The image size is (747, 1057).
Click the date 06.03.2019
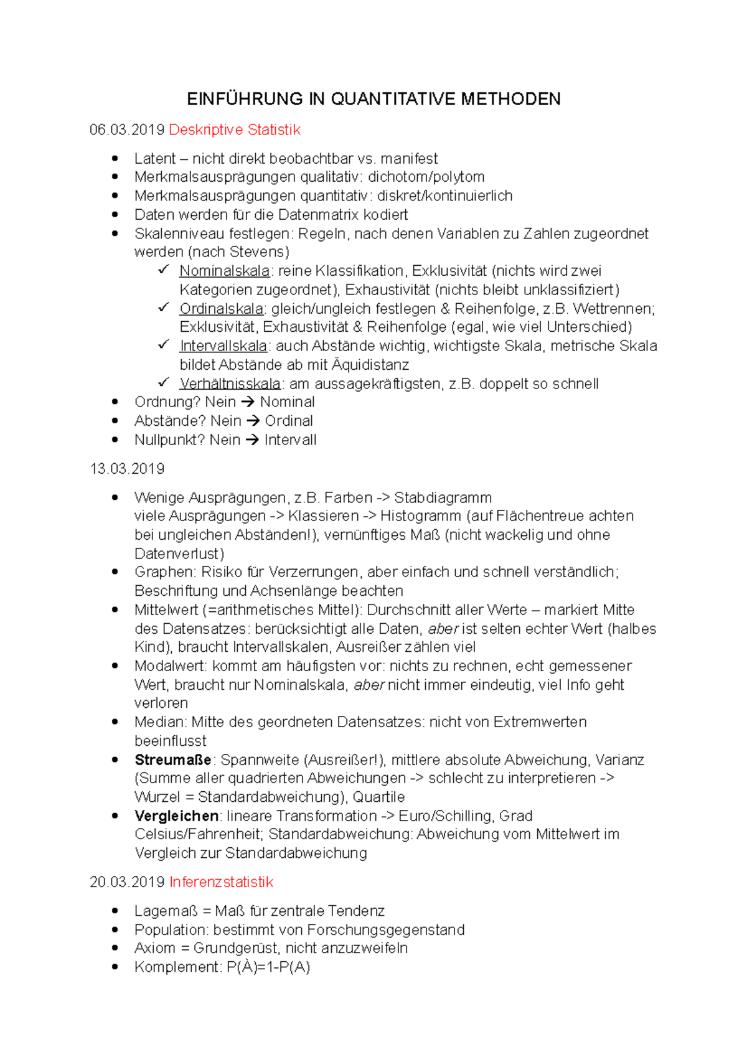(x=127, y=130)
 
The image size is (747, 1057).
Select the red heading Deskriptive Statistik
(x=235, y=130)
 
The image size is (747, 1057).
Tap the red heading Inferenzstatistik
(x=221, y=882)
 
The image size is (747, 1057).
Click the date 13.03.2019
(x=127, y=469)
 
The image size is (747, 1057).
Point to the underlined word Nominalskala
(x=224, y=271)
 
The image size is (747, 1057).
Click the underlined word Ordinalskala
(x=222, y=309)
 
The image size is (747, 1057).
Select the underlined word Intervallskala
(x=223, y=346)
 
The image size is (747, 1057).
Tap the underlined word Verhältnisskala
(x=230, y=384)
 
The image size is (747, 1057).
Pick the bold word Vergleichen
(x=176, y=816)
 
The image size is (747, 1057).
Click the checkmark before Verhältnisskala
(x=164, y=382)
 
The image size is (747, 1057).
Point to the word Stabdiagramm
(x=443, y=498)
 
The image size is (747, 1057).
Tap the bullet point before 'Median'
(x=115, y=721)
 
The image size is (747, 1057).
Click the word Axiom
(x=154, y=948)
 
